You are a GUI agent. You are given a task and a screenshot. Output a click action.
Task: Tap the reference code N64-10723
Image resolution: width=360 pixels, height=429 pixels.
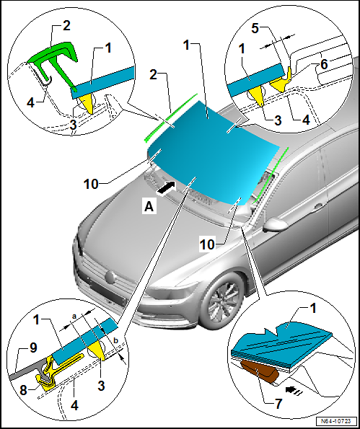click(x=336, y=420)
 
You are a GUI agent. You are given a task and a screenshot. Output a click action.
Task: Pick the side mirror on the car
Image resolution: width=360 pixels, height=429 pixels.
click(x=276, y=224)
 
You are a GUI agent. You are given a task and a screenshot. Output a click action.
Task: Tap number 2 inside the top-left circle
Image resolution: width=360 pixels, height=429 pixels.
click(x=67, y=25)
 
